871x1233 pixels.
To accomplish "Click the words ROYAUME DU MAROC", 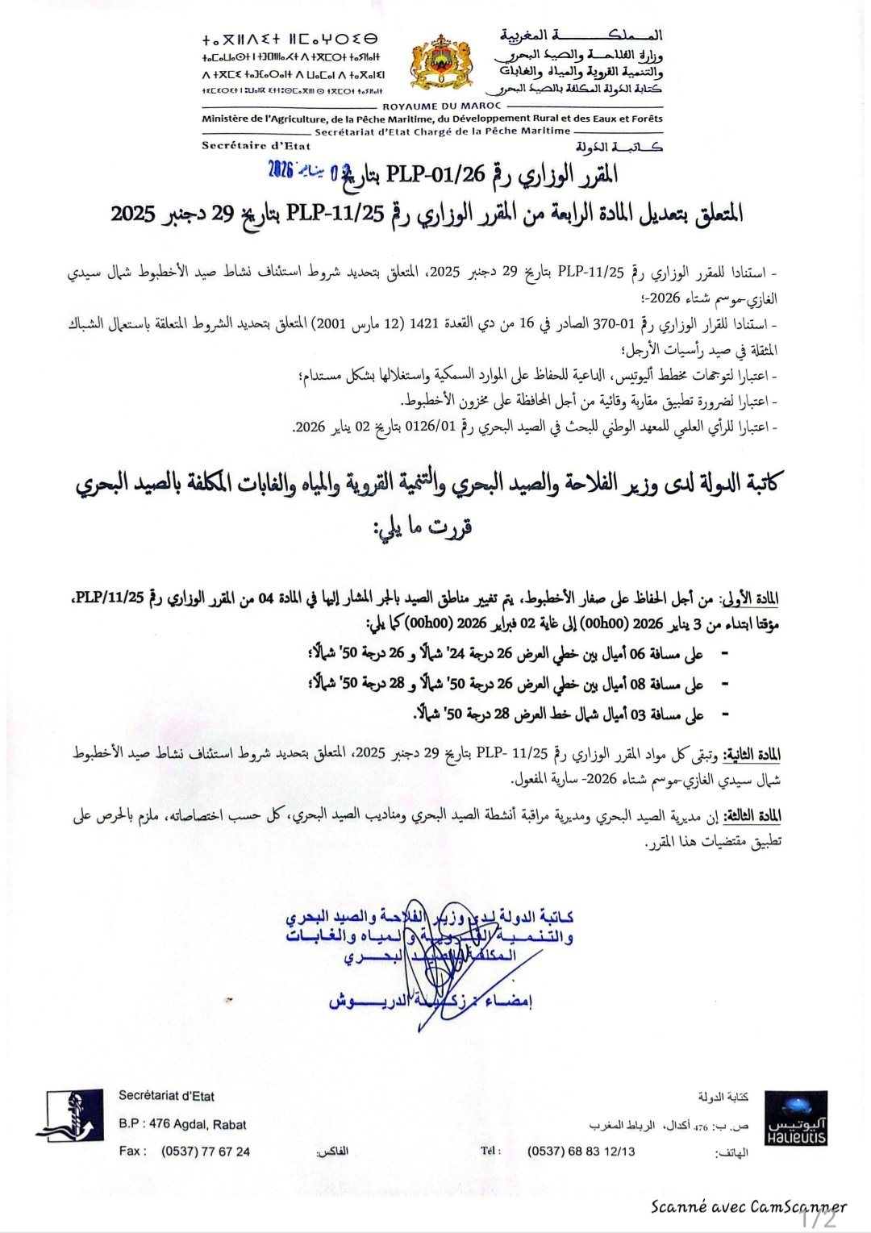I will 441,106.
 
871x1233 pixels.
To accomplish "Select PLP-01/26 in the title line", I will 436,174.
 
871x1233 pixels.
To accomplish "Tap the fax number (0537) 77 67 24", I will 206,1152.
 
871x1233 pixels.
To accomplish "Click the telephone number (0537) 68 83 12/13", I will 581,1152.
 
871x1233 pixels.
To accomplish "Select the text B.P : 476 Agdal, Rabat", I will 182,1124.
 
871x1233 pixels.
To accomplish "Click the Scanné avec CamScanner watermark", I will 748,1206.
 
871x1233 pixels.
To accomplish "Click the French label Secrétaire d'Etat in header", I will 256,146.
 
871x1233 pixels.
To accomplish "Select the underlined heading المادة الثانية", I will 752,755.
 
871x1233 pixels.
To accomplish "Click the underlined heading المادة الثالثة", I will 752,816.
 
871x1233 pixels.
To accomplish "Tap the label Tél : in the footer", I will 490,1151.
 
